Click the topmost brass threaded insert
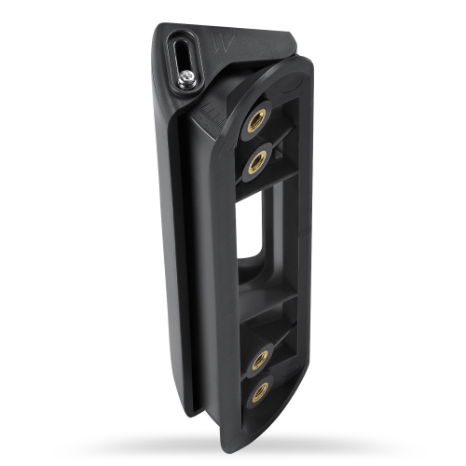click(257, 120)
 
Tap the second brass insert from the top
click(256, 161)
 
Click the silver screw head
click(188, 78)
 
